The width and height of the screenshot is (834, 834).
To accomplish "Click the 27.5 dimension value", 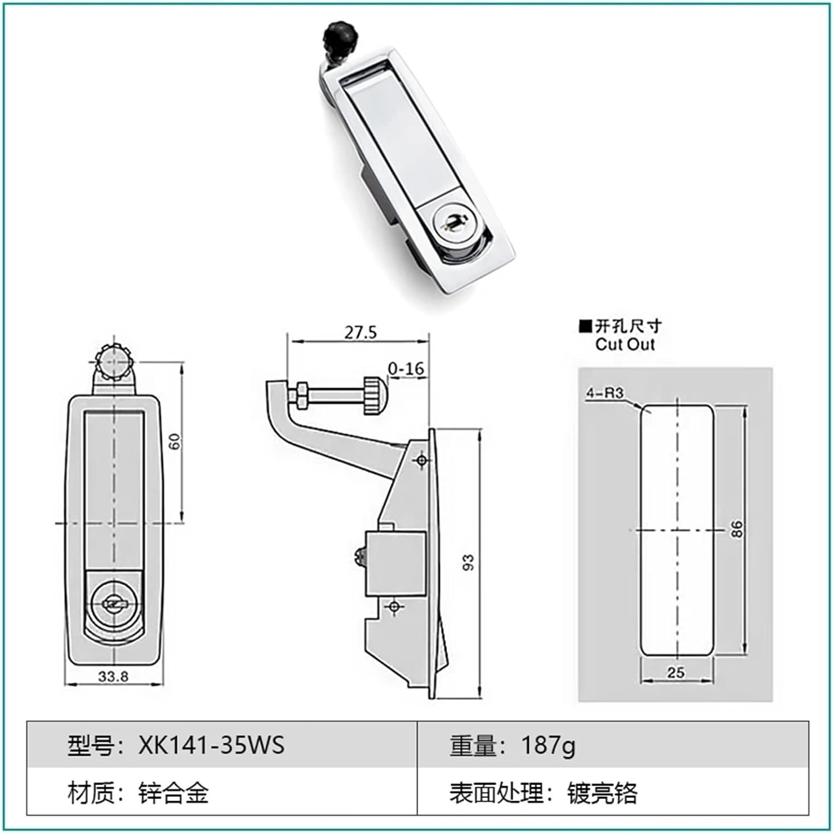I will [x=360, y=332].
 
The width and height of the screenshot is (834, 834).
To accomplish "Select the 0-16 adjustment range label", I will [x=406, y=369].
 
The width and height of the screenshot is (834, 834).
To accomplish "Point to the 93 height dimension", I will [x=468, y=562].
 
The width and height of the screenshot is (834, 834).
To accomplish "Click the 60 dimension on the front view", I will [x=175, y=442].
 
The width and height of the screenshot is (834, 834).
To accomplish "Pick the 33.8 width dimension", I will [x=113, y=677].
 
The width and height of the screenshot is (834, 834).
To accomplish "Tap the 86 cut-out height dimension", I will [x=736, y=529].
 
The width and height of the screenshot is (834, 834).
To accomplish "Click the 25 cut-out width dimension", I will [x=676, y=673].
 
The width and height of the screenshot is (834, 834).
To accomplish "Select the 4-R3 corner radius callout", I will [x=605, y=393].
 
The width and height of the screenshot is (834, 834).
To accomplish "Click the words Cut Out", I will [x=625, y=345].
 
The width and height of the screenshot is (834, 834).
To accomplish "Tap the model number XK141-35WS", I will [x=211, y=745].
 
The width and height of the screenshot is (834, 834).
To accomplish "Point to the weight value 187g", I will [x=548, y=745].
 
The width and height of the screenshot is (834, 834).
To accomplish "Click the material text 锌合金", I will [x=173, y=793].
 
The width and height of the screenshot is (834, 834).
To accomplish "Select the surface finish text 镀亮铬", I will [x=602, y=793].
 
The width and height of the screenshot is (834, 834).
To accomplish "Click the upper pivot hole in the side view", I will [x=422, y=460].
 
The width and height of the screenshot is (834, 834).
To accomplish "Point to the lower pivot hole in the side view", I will [x=394, y=606].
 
